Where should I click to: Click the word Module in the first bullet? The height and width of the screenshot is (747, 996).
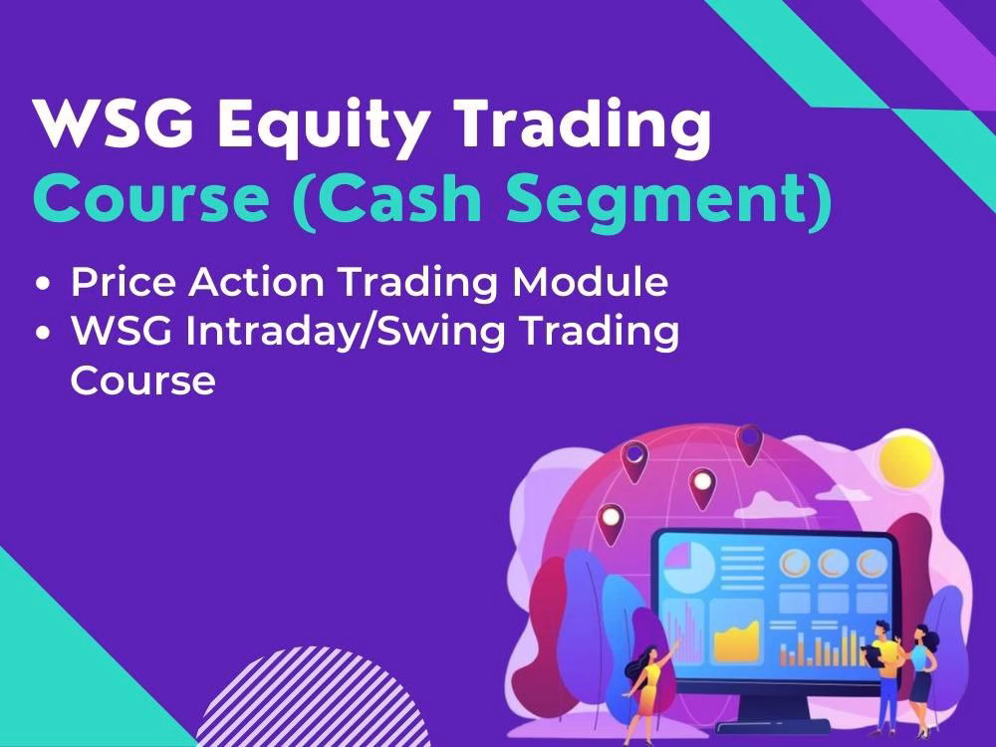590,281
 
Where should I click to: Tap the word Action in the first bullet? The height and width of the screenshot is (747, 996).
257,281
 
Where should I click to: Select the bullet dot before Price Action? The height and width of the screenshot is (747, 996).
43,283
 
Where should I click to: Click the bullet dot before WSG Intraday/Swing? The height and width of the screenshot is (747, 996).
43,333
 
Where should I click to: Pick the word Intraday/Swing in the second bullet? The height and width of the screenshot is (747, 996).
346,332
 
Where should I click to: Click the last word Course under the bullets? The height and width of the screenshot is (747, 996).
142,380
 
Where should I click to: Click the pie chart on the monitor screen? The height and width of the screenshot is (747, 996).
688,568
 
